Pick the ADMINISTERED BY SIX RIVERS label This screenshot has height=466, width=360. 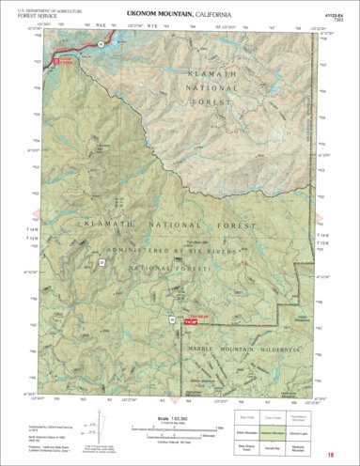(x=179, y=252)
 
